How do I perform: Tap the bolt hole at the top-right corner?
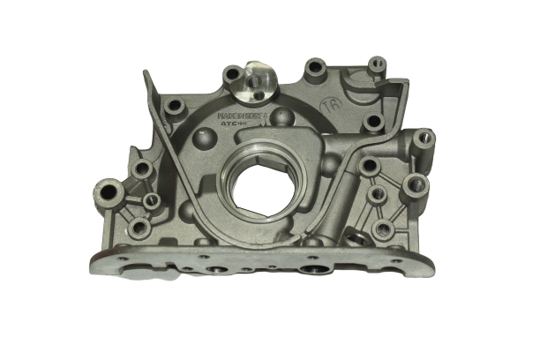pos(377,64)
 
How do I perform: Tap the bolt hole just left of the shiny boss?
pos(232,74)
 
